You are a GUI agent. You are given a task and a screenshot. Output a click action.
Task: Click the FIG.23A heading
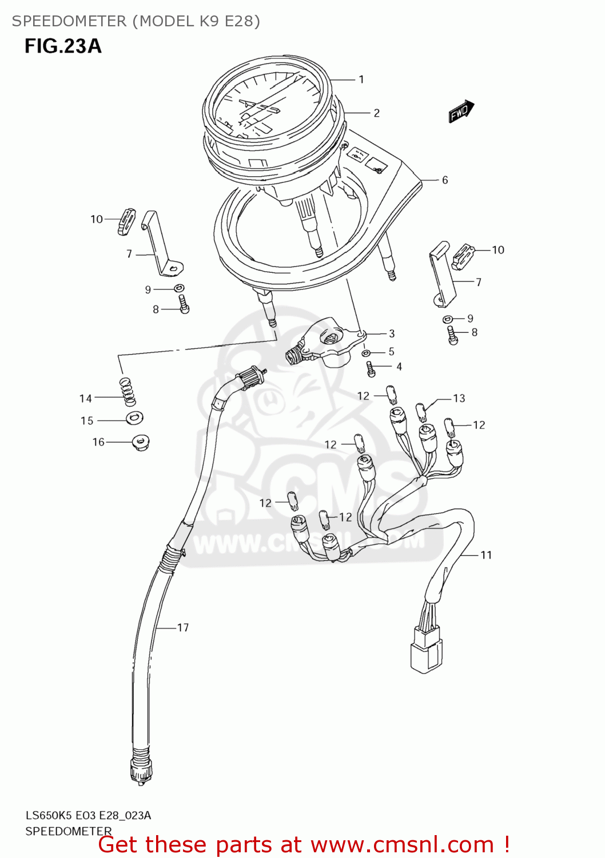pos(63,46)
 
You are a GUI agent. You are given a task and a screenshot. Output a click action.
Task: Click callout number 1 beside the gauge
pos(361,80)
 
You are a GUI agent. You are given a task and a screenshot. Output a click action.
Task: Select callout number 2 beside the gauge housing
pos(376,113)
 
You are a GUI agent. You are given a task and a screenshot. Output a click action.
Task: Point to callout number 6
pos(445,180)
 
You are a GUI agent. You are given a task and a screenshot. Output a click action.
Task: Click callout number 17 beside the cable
pos(183,627)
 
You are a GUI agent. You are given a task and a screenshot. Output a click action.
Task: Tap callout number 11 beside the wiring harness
pos(486,555)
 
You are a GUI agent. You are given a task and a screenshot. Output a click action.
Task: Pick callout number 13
pos(459,398)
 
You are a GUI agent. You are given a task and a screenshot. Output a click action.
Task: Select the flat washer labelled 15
pos(134,418)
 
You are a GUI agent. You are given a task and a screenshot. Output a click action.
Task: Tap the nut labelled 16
pos(140,442)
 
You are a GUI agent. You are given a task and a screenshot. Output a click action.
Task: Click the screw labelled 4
pos(371,369)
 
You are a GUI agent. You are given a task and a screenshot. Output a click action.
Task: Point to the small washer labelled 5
pos(366,353)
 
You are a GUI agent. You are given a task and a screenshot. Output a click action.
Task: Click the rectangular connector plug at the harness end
pos(425,649)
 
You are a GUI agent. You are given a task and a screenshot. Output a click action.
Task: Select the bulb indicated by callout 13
pos(421,411)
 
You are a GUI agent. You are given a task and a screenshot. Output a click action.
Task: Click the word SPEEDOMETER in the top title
pos(69,21)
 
